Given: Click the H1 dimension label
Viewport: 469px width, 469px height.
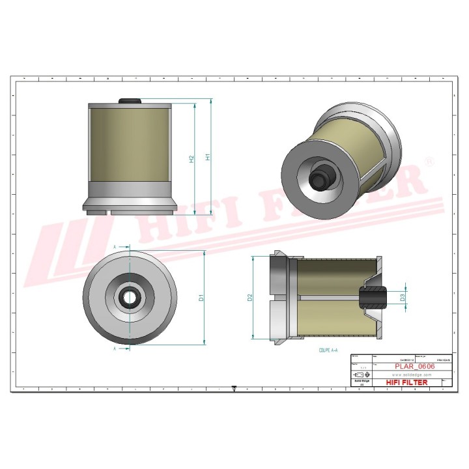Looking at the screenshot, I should tap(208, 156).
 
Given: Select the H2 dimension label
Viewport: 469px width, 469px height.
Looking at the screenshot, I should tap(192, 160).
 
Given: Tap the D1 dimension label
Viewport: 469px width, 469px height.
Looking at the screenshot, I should tap(202, 297).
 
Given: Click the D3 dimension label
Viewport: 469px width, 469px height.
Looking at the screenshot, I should tap(403, 297).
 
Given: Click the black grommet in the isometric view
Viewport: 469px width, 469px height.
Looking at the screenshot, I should tap(320, 178).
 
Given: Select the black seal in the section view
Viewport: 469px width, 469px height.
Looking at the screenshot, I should tap(373, 297).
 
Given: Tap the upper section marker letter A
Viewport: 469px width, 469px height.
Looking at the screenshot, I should tap(115, 248).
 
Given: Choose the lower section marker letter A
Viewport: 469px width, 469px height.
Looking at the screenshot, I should tap(115, 348).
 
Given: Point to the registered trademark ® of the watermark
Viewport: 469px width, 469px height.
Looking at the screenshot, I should tap(429, 160).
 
